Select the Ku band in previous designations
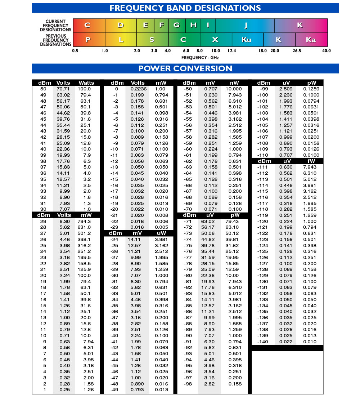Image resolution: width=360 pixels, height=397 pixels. tap(247, 40)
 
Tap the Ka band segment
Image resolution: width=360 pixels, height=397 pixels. tap(311, 40)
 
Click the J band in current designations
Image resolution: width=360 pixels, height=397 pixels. tap(246, 25)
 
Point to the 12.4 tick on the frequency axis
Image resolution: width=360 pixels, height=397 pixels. tap(232, 51)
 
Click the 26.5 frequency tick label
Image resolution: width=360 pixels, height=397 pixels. tap(297, 51)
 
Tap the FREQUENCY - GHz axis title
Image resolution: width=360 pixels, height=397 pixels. tap(200, 57)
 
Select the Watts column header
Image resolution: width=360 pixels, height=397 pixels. tap(86, 83)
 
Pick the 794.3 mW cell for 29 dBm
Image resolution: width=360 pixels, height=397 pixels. tap(84, 221)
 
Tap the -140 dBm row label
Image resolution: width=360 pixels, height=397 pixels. tap(263, 342)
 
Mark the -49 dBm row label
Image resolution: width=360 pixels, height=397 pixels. tap(114, 390)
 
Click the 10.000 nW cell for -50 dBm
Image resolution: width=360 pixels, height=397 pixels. tap(234, 89)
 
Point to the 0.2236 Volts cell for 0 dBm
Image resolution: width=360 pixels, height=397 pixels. tap(138, 89)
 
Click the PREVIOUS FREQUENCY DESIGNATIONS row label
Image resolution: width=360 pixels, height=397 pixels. tap(56, 40)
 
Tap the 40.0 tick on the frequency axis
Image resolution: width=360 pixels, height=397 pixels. tap(327, 51)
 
